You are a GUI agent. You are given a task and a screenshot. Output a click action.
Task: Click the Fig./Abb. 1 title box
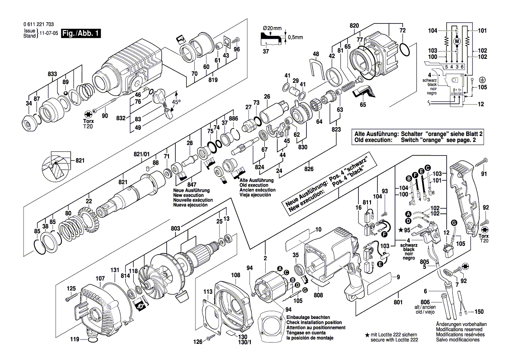pyautogui.click(x=81, y=34)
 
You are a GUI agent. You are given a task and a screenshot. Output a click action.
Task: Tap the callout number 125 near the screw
pyautogui.click(x=71, y=289)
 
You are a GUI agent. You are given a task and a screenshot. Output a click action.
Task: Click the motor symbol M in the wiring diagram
pyautogui.click(x=457, y=41)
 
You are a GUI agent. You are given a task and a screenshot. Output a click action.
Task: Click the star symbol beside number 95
pyautogui.click(x=400, y=230)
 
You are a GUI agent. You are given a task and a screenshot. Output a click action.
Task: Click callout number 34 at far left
pyautogui.click(x=29, y=103)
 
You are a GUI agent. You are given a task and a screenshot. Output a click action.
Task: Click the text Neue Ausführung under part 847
pyautogui.click(x=191, y=190)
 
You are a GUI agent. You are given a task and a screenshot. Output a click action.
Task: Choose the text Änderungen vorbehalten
pyautogui.click(x=461, y=325)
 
